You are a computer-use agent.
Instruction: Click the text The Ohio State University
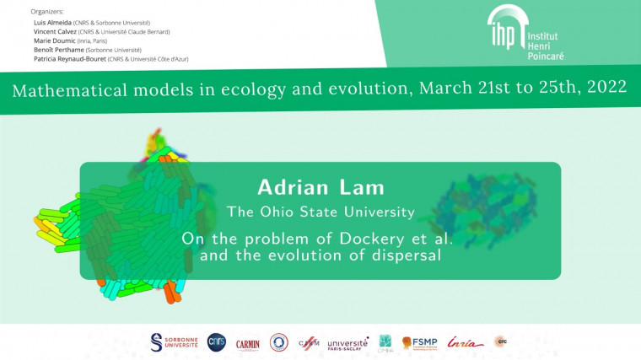tap(320, 211)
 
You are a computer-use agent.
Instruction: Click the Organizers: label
tap(46, 12)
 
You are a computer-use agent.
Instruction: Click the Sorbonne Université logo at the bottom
tap(172, 342)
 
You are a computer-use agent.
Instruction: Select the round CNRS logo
tap(216, 341)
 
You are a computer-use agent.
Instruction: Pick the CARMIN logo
tap(247, 343)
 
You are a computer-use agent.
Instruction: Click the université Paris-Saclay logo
tap(347, 343)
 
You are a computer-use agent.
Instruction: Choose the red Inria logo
tap(465, 342)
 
